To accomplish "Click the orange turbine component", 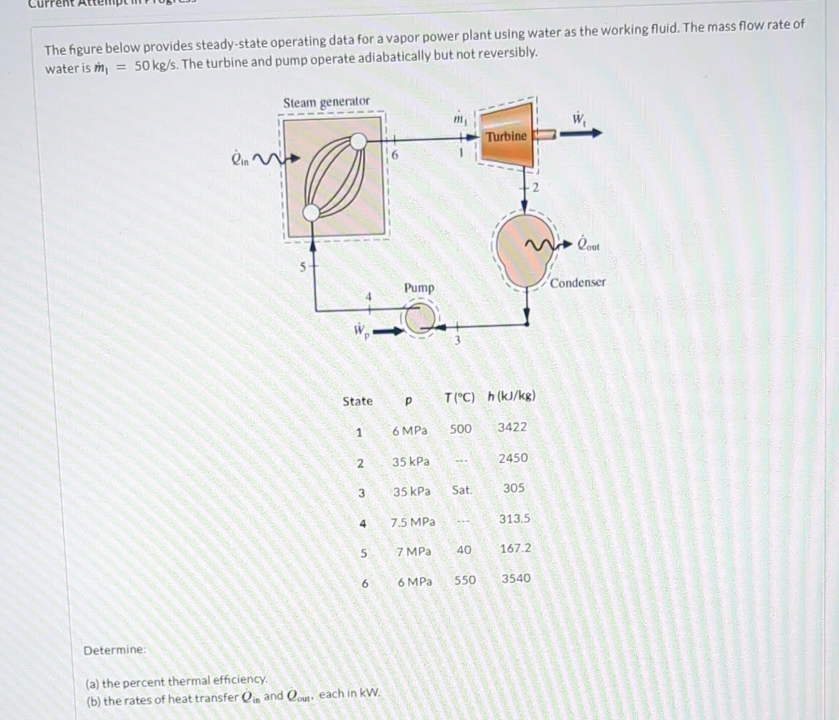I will tap(506, 137).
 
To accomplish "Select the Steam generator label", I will tap(326, 102).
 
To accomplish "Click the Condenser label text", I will tap(578, 283).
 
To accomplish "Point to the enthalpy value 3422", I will tap(512, 427).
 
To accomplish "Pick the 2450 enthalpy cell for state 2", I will tap(512, 458).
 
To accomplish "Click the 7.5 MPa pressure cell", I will tap(413, 521).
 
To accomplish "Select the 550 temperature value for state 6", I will tap(464, 580).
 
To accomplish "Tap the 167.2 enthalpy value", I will tap(515, 548).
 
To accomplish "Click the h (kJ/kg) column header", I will tap(511, 396).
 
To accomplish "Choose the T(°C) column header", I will tap(459, 398).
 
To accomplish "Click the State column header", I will tap(357, 401).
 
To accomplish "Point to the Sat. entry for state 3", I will tap(461, 490).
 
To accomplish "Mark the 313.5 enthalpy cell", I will tap(514, 518).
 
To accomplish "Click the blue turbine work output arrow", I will tap(580, 133).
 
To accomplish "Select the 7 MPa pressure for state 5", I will tap(413, 552).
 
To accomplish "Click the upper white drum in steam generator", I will tap(359, 141).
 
